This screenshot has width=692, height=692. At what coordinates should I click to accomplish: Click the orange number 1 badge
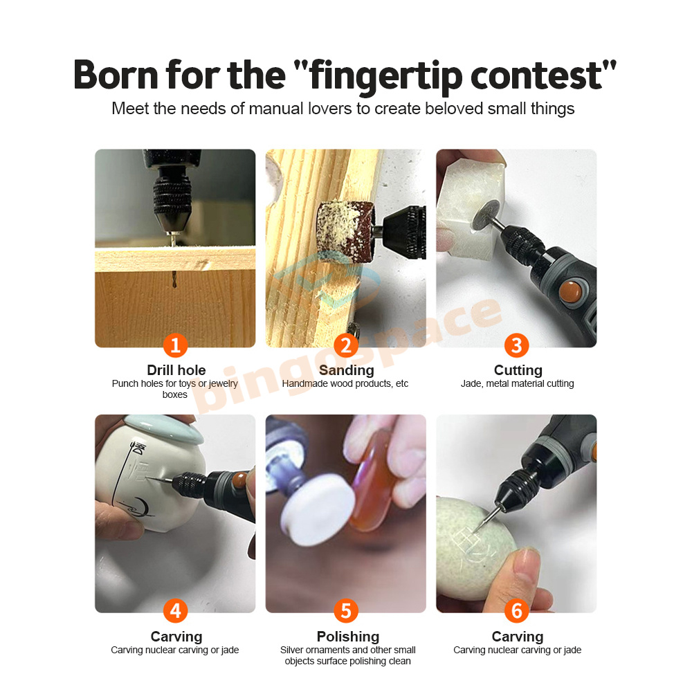pyautogui.click(x=175, y=345)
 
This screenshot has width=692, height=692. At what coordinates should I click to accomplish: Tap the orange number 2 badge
pyautogui.click(x=346, y=345)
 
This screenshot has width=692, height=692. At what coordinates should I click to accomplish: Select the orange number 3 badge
pyautogui.click(x=517, y=345)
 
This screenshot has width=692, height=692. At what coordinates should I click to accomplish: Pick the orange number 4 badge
pyautogui.click(x=175, y=611)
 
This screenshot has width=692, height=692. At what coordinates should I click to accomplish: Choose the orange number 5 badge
pyautogui.click(x=346, y=611)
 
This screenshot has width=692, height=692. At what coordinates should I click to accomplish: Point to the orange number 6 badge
pyautogui.click(x=517, y=611)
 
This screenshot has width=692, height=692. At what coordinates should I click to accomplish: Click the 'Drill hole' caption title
pyautogui.click(x=176, y=370)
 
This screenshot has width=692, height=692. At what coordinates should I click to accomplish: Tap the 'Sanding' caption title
pyautogui.click(x=347, y=370)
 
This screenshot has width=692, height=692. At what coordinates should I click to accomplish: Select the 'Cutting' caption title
pyautogui.click(x=518, y=370)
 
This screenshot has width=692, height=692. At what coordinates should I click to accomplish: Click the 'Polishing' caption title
pyautogui.click(x=348, y=637)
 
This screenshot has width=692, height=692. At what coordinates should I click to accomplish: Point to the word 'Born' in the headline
pyautogui.click(x=116, y=75)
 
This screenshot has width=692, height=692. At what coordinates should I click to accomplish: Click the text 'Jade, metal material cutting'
pyautogui.click(x=517, y=383)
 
